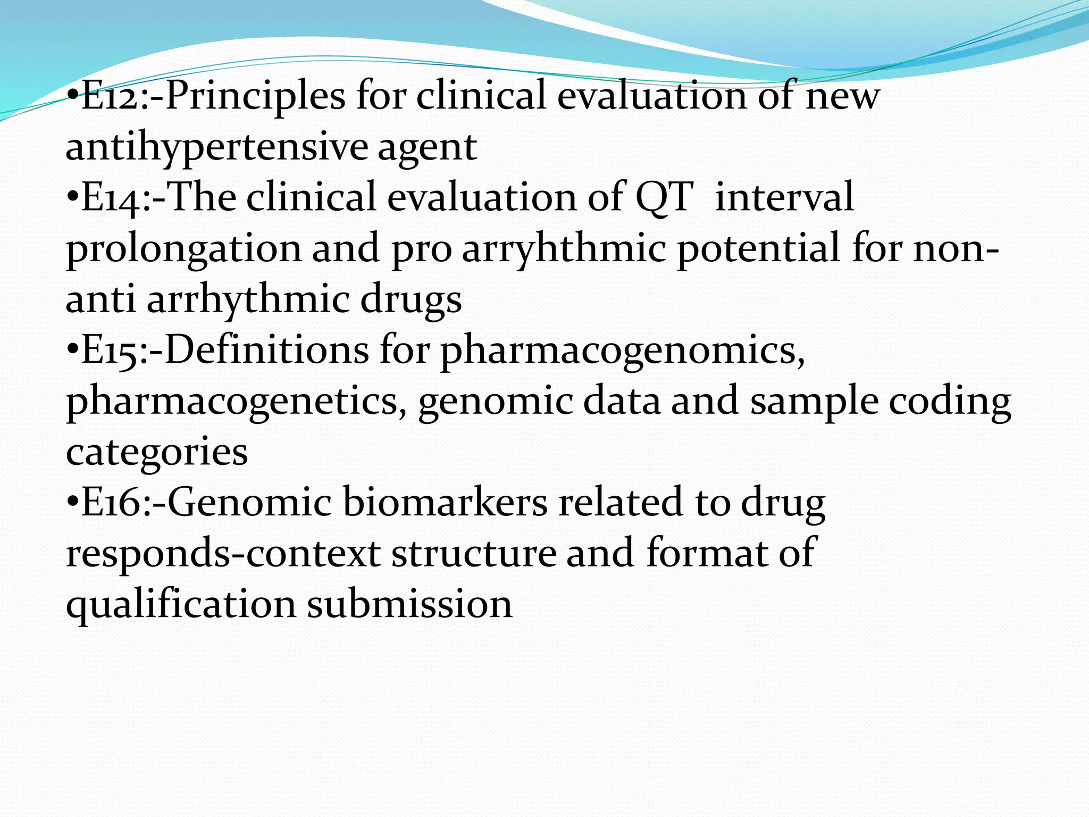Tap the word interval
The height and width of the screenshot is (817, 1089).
click(x=784, y=197)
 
